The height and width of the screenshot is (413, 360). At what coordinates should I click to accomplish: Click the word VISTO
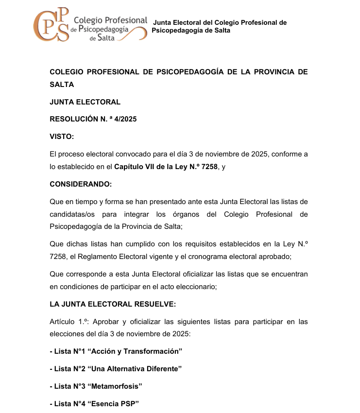coord(62,137)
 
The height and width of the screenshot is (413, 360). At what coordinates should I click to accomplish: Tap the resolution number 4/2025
coord(126,119)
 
